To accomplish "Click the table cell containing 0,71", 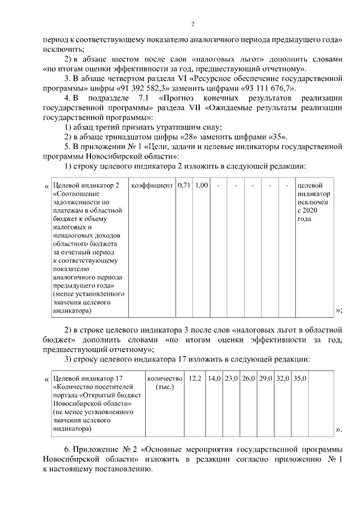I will pyautogui.click(x=183, y=186).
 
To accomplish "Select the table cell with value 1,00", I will pyautogui.click(x=202, y=186).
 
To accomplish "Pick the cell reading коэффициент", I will pyautogui.click(x=152, y=186).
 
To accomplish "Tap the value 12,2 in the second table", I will pyautogui.click(x=195, y=379).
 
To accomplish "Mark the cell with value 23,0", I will pyautogui.click(x=231, y=379).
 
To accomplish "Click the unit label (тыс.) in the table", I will pyautogui.click(x=165, y=388).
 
